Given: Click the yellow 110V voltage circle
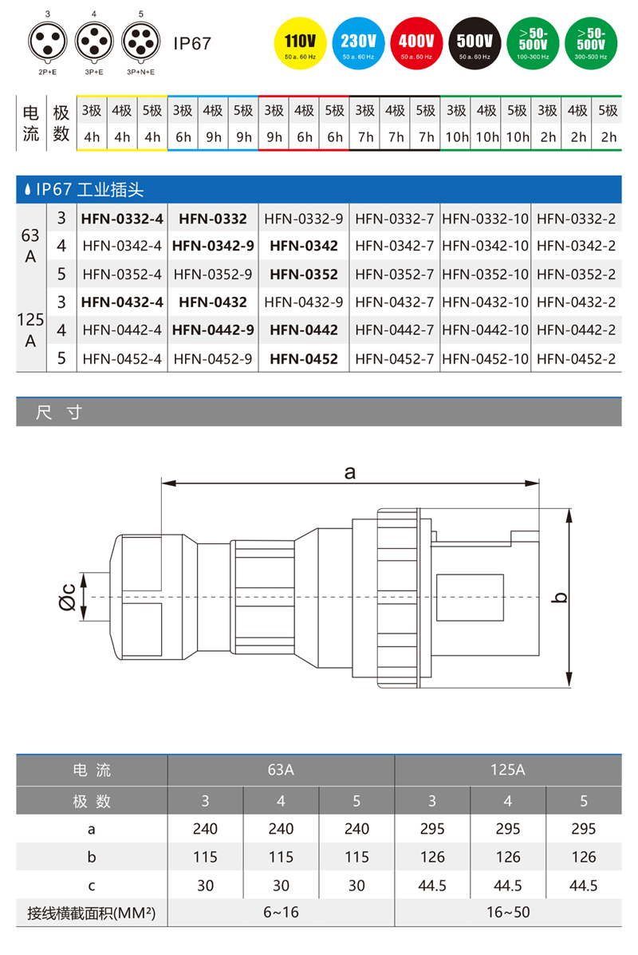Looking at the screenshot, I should tap(300, 43).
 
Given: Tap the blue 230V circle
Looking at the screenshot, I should tap(358, 43).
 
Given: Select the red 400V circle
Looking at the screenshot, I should tap(416, 43).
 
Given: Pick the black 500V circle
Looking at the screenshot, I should tap(475, 43).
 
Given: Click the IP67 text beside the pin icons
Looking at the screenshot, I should tap(192, 43).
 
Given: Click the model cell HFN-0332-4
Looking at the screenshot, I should tap(122, 218).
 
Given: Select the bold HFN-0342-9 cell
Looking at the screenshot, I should tap(213, 246).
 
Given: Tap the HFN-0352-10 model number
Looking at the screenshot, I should tap(485, 274).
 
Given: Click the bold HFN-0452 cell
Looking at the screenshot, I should tap(304, 359).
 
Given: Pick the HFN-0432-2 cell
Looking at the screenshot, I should tap(576, 302).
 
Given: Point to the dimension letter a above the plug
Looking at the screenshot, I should tap(349, 472).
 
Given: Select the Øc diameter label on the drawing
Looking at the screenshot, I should tap(68, 598).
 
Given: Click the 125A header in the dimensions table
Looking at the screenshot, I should tap(507, 771).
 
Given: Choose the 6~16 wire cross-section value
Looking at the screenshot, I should tap(281, 911).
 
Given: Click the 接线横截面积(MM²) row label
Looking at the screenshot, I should tap(91, 911).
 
